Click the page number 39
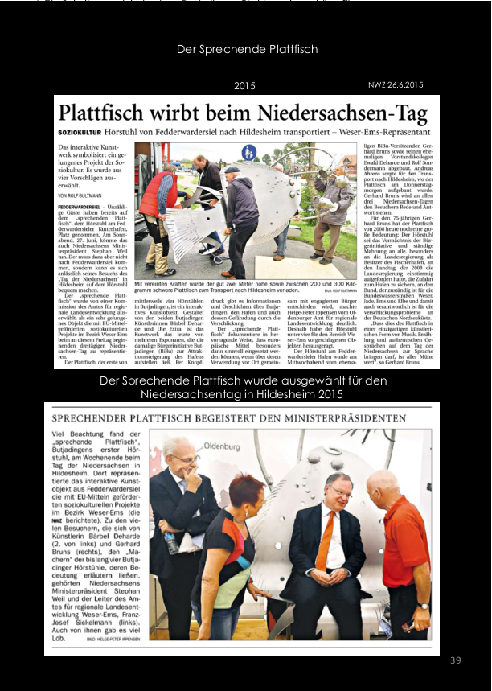(x=455, y=660)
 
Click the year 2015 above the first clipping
(x=244, y=85)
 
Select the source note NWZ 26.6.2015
(x=396, y=84)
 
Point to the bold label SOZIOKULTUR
(x=81, y=131)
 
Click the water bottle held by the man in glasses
(x=170, y=543)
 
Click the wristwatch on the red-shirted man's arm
(x=423, y=606)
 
